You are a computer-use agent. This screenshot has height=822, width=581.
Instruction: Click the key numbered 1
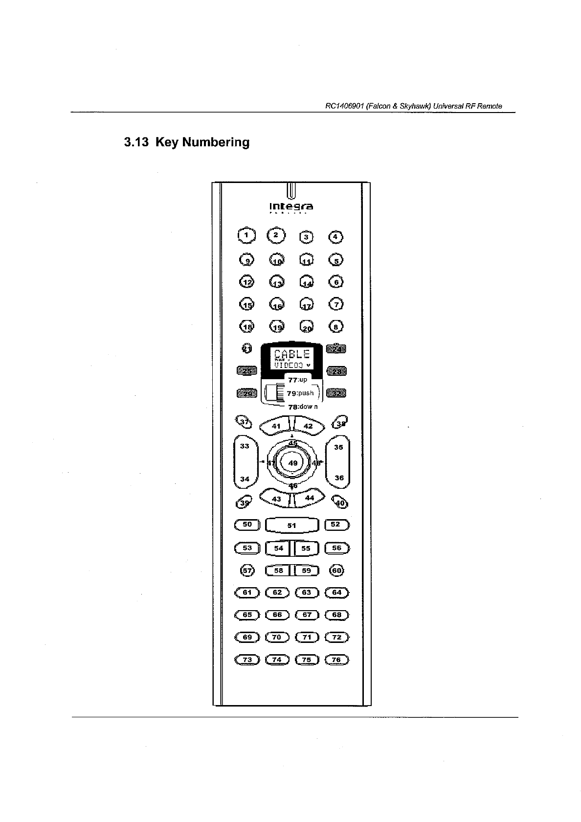(246, 235)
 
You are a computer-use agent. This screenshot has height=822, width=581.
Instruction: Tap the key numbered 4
(335, 237)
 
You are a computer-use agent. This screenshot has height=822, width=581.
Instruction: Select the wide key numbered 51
(291, 525)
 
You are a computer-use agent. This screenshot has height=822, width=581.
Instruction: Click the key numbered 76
(336, 660)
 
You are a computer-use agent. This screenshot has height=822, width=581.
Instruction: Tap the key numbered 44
(309, 498)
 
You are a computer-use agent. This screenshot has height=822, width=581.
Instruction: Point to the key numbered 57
(247, 571)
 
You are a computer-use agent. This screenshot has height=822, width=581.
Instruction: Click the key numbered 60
(337, 571)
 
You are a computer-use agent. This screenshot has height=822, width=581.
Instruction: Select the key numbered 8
(336, 326)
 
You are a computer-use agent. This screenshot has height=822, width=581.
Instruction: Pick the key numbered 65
(247, 615)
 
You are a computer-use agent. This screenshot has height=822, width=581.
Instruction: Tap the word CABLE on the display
(292, 354)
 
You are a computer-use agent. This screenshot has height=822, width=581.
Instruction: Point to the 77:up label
(297, 379)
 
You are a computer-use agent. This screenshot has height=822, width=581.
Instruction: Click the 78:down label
(303, 407)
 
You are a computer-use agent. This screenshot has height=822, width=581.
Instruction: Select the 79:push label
(300, 393)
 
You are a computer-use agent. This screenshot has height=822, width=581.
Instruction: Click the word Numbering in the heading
(216, 142)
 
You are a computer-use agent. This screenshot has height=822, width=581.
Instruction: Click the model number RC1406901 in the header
(344, 106)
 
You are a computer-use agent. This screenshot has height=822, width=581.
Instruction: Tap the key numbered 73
(247, 660)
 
